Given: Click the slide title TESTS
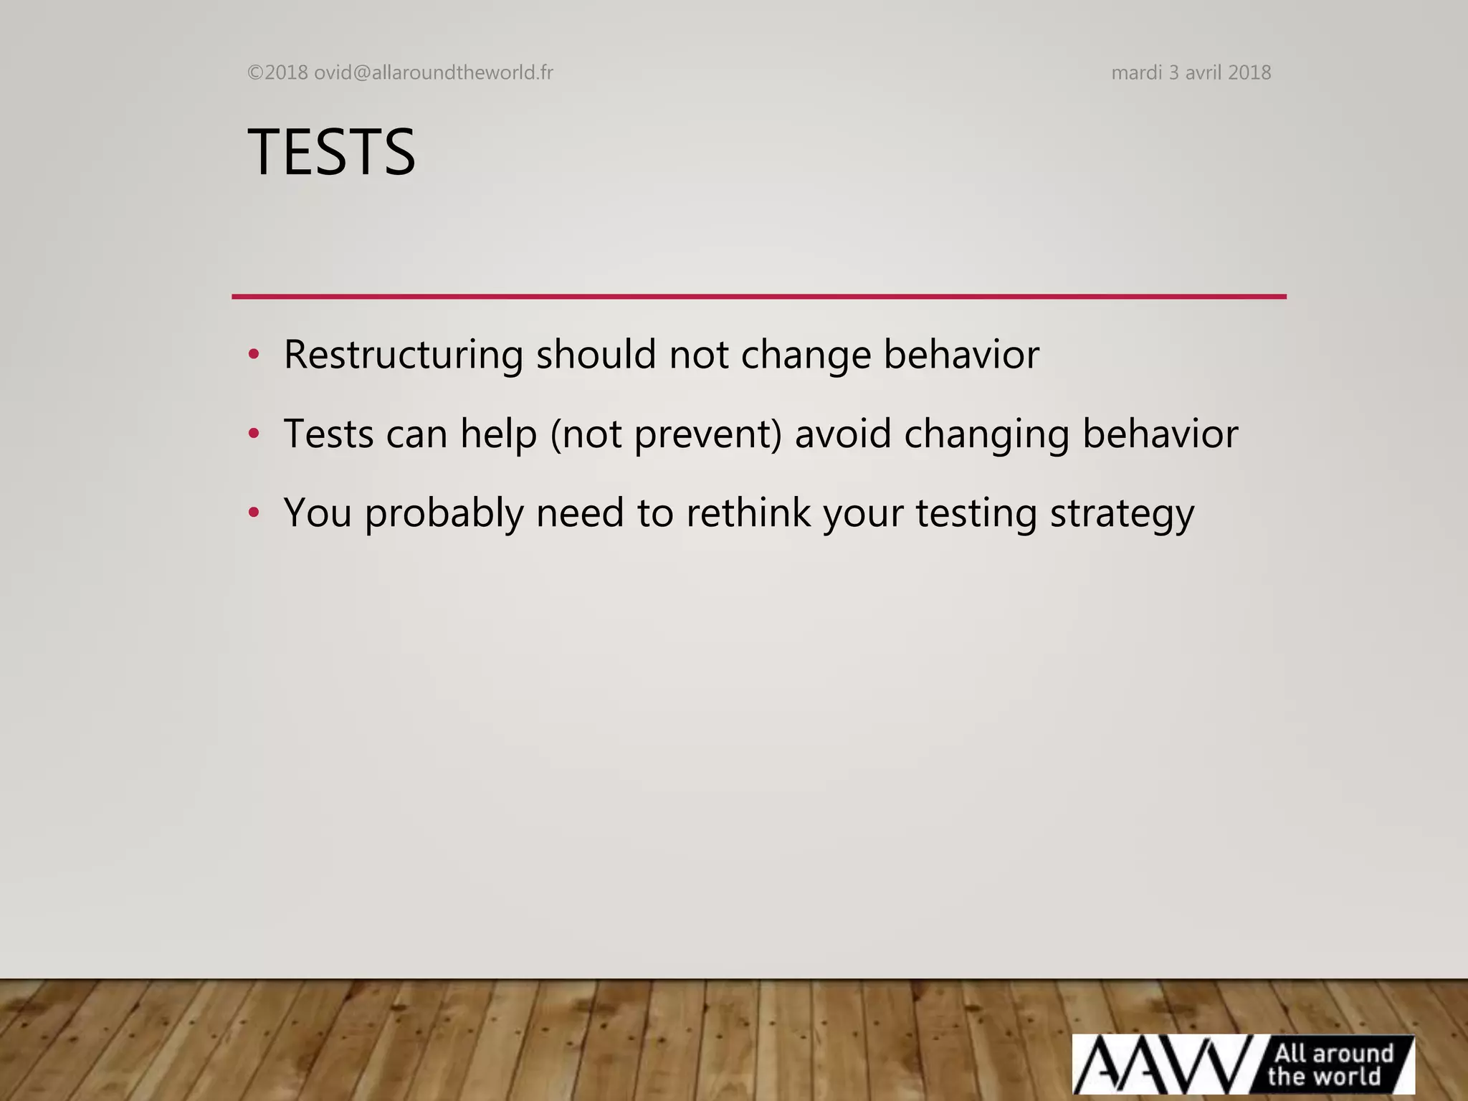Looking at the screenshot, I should coord(331,152).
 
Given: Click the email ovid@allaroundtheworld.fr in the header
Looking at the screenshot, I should coord(434,72).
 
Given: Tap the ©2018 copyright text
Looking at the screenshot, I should coord(277,72).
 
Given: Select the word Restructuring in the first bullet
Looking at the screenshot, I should coord(404,354).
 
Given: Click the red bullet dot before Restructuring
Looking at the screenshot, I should coord(253,354).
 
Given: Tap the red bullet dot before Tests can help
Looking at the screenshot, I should coord(253,434).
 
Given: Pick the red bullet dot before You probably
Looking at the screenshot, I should coord(253,513).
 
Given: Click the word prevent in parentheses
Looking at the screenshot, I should coord(702,434).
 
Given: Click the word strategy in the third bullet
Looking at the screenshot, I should coord(1122,514).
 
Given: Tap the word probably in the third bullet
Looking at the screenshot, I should coord(444,514).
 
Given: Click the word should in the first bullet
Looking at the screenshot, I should coord(596,354).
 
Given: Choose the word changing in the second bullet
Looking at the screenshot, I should coord(986,435).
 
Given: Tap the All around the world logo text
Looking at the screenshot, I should coord(1332,1064).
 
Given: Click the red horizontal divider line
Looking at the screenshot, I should coord(758,296).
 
